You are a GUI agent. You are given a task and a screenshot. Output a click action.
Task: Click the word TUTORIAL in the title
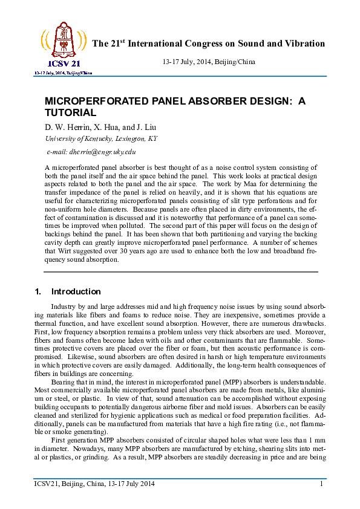tap(71, 112)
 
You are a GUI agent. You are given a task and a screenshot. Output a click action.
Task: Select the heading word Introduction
tap(76, 291)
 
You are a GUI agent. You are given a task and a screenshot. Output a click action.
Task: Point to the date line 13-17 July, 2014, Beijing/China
tap(209, 62)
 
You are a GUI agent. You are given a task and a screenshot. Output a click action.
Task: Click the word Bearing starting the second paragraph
tap(64, 383)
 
